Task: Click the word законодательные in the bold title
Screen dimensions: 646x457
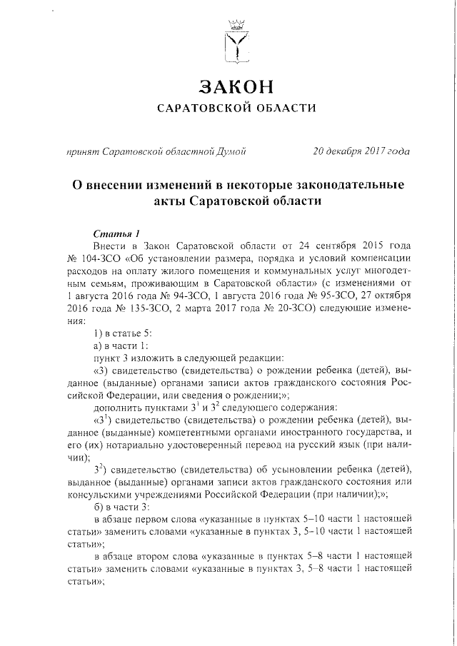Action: point(326,185)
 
